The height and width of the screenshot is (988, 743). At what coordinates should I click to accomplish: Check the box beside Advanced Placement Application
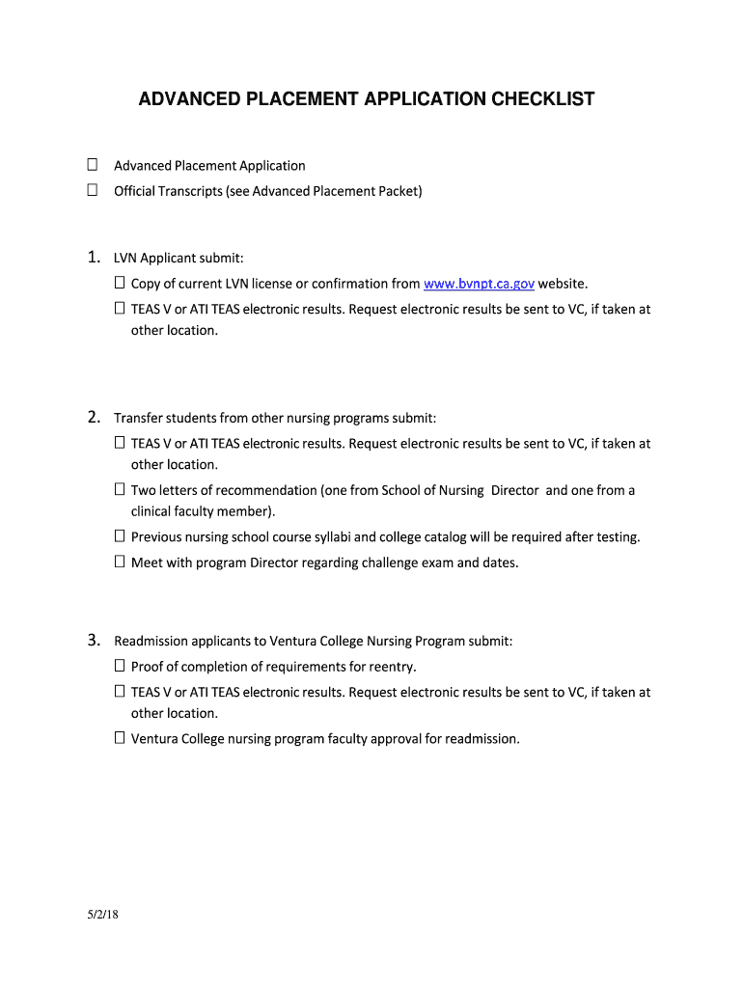(93, 165)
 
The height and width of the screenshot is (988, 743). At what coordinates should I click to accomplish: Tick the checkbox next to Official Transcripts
(93, 191)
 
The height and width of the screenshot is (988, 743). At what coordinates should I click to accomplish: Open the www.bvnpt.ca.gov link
(479, 284)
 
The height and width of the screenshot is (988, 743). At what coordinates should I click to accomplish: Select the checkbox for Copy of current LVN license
(120, 284)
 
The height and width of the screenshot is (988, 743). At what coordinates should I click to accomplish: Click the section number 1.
(94, 258)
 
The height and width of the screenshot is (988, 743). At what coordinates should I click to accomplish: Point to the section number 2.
(94, 418)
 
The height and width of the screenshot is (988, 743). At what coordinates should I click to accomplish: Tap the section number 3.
(94, 641)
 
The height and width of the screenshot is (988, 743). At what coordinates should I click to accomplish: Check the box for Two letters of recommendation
(120, 490)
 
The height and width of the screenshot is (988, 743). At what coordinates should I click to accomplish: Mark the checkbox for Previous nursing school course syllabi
(120, 536)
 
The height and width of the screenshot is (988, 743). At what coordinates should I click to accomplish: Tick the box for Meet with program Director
(120, 563)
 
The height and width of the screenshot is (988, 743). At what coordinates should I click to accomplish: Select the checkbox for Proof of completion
(120, 667)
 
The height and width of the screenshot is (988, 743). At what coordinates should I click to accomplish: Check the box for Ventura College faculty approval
(120, 739)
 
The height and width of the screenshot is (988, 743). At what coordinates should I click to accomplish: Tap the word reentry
(392, 667)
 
